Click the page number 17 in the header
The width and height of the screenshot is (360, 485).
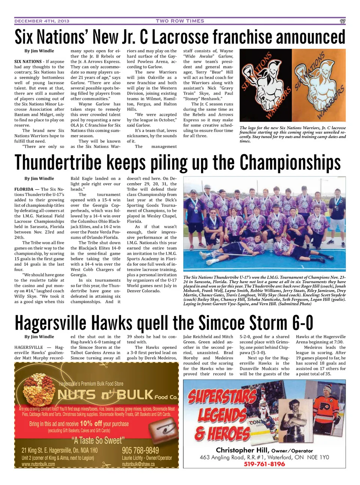tap(342, 21)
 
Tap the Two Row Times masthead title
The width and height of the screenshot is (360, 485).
tap(180, 21)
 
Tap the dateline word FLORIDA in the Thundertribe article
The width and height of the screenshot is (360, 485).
tap(26, 189)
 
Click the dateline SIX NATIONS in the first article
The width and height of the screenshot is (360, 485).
tap(28, 61)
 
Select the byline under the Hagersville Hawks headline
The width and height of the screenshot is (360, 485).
tap(39, 337)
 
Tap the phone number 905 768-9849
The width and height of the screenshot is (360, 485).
tap(140, 450)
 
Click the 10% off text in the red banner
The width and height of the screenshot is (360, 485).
tap(91, 424)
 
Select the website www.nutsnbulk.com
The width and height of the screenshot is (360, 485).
tap(38, 464)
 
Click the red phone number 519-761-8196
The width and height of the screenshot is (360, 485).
tap(264, 464)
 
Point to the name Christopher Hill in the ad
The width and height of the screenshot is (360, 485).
tap(242, 450)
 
